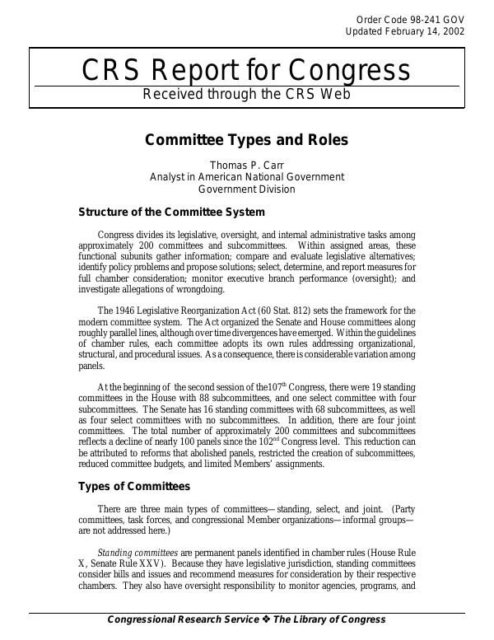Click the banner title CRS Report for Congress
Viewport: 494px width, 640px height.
point(246,71)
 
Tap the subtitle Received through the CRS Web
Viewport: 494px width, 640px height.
point(246,94)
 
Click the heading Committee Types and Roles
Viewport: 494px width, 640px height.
point(246,139)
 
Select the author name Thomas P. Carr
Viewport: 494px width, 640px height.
point(246,165)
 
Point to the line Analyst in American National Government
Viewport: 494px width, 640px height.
point(246,176)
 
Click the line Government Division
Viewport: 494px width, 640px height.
point(246,188)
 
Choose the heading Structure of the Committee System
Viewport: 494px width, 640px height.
point(171,212)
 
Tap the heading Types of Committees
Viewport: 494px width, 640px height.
point(134,486)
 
